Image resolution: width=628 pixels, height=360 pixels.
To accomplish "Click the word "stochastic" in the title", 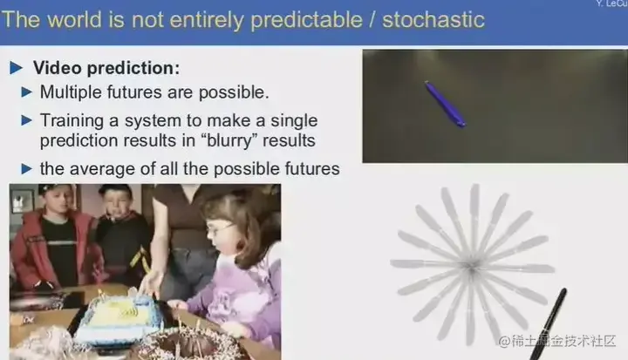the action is click(433, 20).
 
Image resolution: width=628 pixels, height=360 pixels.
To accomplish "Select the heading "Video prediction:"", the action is click(106, 68).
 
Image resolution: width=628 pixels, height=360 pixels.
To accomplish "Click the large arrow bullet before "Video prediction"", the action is click(16, 68).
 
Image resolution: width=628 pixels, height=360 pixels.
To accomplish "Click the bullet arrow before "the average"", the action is click(26, 168).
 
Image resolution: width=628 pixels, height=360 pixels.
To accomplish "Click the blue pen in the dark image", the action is click(446, 104).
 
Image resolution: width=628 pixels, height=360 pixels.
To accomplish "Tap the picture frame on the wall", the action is click(22, 201).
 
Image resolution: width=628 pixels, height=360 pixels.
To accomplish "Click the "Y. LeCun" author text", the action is click(611, 3).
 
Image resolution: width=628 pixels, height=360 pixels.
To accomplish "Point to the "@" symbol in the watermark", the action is click(504, 341).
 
